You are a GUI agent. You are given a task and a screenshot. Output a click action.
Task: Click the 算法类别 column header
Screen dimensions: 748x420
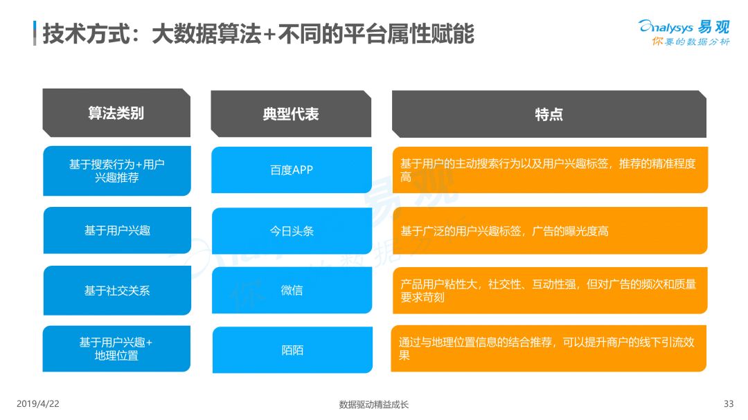pyautogui.click(x=116, y=113)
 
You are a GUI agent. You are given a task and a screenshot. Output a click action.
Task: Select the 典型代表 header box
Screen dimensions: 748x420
pyautogui.click(x=291, y=113)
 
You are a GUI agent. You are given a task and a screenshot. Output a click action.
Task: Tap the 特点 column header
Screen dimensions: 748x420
pyautogui.click(x=549, y=114)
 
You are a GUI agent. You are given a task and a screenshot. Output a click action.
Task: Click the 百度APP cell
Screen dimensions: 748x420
pyautogui.click(x=292, y=170)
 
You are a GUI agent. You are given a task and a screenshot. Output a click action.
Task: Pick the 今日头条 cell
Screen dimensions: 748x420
pyautogui.click(x=292, y=230)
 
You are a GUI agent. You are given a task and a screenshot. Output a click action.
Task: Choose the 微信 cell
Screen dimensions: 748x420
pyautogui.click(x=292, y=290)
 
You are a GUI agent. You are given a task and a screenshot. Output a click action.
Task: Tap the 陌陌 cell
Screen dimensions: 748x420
pyautogui.click(x=292, y=349)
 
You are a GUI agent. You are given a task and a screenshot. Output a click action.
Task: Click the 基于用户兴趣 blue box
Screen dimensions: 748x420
pyautogui.click(x=117, y=230)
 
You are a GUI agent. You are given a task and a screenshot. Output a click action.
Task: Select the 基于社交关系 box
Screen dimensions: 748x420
pyautogui.click(x=117, y=291)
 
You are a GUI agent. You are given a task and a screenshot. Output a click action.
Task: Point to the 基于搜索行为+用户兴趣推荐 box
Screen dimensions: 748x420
pyautogui.click(x=117, y=171)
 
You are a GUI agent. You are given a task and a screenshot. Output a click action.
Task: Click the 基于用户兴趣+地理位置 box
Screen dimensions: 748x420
pyautogui.click(x=116, y=349)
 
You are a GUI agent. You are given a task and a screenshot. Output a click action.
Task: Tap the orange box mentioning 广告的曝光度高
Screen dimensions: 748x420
pyautogui.click(x=550, y=230)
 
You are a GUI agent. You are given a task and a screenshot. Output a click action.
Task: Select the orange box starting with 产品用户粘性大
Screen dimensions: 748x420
pyautogui.click(x=550, y=291)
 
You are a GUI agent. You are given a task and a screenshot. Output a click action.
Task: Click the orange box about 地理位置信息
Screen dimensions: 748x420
pyautogui.click(x=549, y=349)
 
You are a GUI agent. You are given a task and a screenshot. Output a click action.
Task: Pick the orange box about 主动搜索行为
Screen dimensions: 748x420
pyautogui.click(x=550, y=170)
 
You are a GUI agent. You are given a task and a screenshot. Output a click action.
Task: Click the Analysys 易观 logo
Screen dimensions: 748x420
pyautogui.click(x=684, y=33)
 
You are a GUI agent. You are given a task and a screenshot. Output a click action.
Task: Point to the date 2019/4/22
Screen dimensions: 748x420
pyautogui.click(x=38, y=404)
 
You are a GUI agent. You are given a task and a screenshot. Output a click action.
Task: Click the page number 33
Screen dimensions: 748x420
pyautogui.click(x=729, y=404)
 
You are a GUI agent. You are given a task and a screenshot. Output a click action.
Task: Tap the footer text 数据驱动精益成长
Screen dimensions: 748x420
pyautogui.click(x=374, y=404)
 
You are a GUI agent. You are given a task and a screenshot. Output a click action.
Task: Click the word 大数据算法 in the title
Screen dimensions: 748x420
pyautogui.click(x=206, y=34)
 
